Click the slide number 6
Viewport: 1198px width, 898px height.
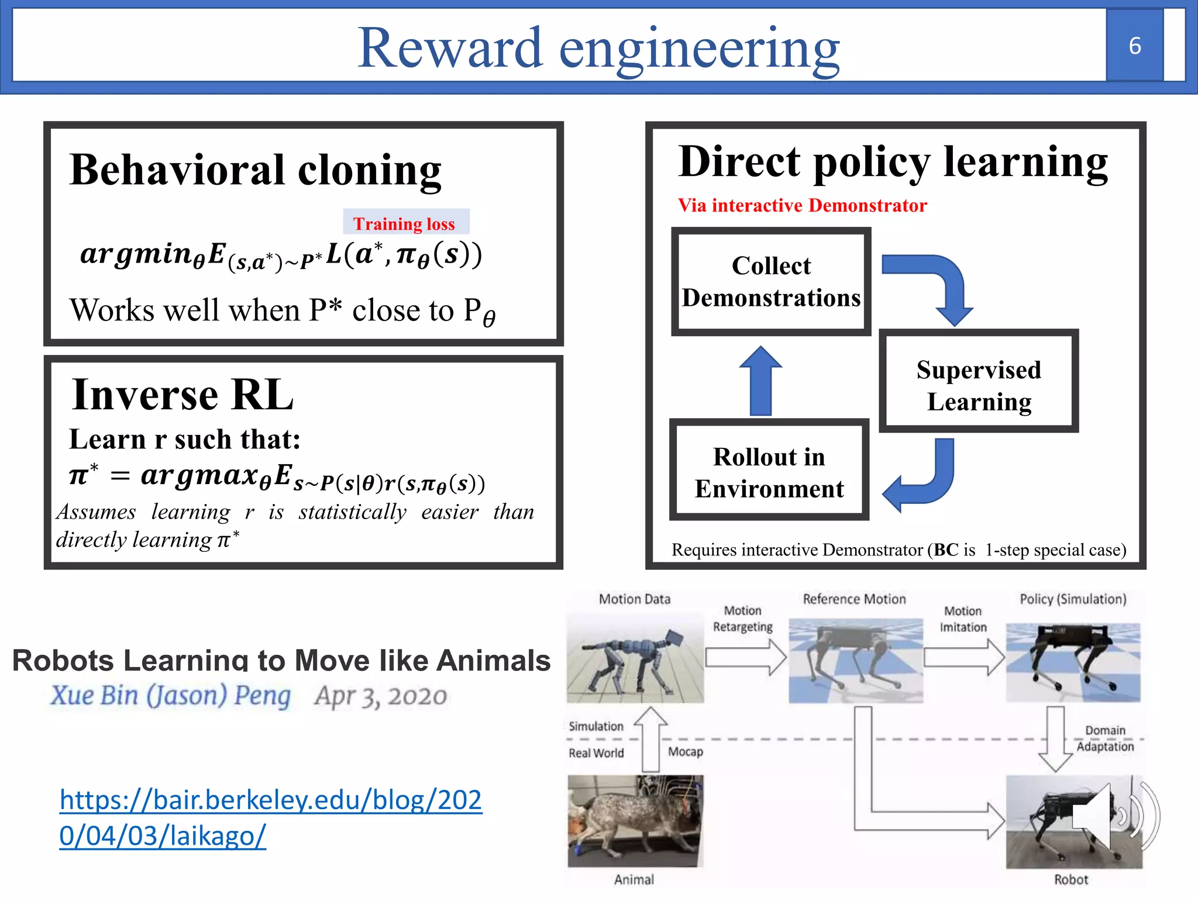point(1134,46)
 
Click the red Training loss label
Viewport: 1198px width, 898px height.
point(404,223)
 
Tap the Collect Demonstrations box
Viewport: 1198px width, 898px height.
point(771,282)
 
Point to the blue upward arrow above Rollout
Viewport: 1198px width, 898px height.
point(760,381)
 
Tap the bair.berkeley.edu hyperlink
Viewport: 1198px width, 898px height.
point(270,817)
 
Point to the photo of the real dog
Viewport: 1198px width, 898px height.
point(635,821)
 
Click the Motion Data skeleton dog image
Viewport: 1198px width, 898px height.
point(635,658)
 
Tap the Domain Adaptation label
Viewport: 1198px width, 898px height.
point(1104,738)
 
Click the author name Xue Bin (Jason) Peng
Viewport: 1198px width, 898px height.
point(170,696)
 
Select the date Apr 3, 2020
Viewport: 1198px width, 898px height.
point(380,696)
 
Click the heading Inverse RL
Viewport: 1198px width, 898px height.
point(183,395)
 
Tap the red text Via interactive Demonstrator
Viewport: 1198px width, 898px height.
point(802,205)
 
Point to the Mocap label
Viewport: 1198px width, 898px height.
point(685,751)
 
